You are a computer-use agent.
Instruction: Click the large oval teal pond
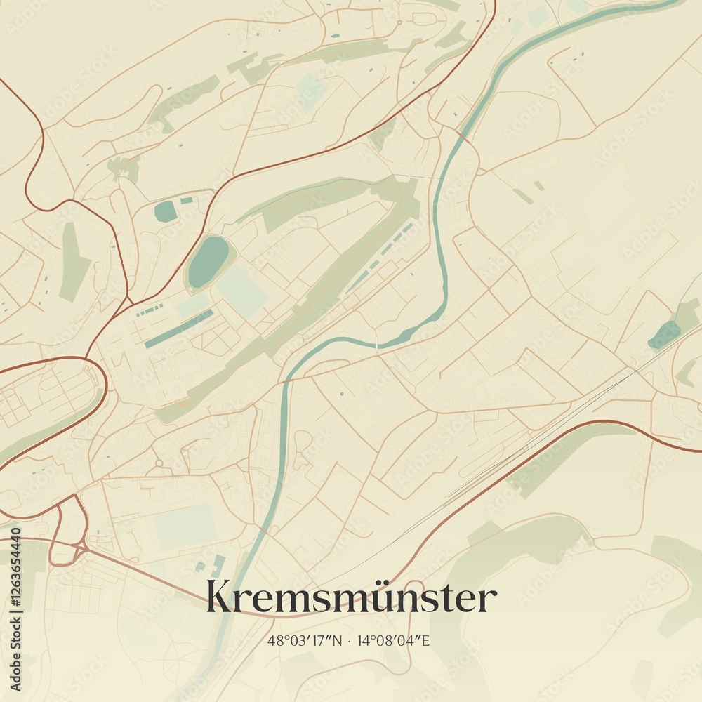207,261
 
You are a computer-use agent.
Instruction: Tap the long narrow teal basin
178,329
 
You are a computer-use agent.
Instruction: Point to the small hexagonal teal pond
166,211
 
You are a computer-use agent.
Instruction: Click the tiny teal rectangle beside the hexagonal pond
187,201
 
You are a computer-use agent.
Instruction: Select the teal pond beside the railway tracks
664,334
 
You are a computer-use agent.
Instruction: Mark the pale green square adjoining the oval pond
241,290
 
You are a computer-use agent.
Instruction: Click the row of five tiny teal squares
150,309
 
